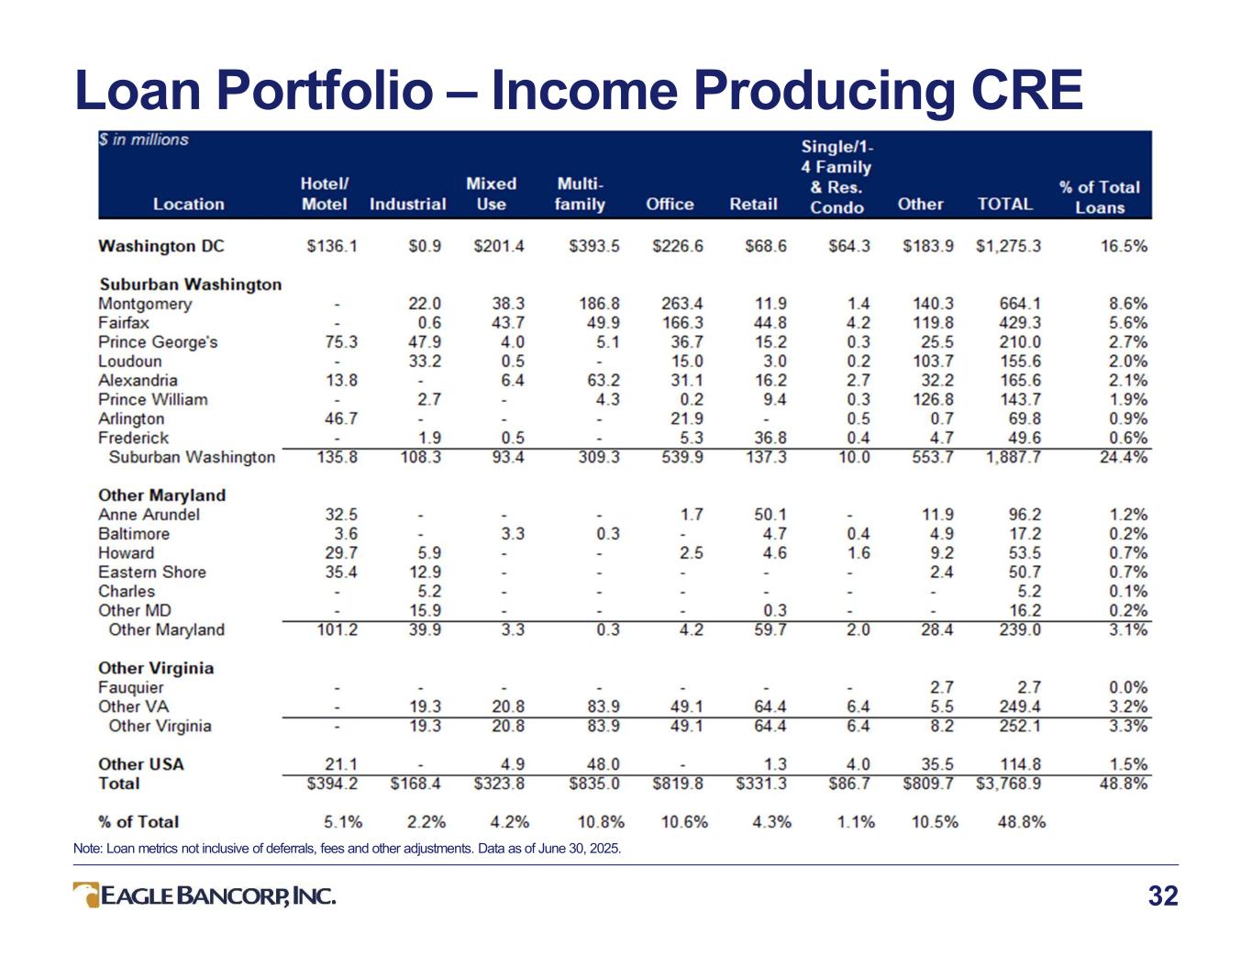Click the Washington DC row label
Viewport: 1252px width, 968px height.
(x=161, y=246)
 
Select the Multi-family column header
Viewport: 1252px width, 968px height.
(x=580, y=195)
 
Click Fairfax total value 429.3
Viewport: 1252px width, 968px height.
(x=1020, y=323)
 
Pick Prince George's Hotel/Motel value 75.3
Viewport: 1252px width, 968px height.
(x=341, y=341)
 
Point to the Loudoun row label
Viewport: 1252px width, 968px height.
(x=129, y=362)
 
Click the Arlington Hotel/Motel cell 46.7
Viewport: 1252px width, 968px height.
(x=341, y=418)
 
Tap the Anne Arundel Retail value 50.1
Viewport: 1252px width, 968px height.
(x=770, y=514)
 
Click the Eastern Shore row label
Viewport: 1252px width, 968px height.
(x=152, y=573)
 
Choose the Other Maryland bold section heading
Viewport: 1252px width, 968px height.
(x=162, y=495)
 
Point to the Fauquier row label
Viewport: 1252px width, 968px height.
(x=131, y=687)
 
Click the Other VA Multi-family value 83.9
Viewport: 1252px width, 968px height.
(x=604, y=707)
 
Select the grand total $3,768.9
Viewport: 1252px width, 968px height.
(x=1008, y=784)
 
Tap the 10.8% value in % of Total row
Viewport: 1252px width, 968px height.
(x=601, y=821)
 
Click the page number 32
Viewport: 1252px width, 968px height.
(x=1163, y=896)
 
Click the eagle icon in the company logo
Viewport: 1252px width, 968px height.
(x=87, y=895)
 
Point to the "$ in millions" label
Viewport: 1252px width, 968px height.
(x=143, y=140)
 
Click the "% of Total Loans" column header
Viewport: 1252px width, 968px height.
(x=1100, y=197)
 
